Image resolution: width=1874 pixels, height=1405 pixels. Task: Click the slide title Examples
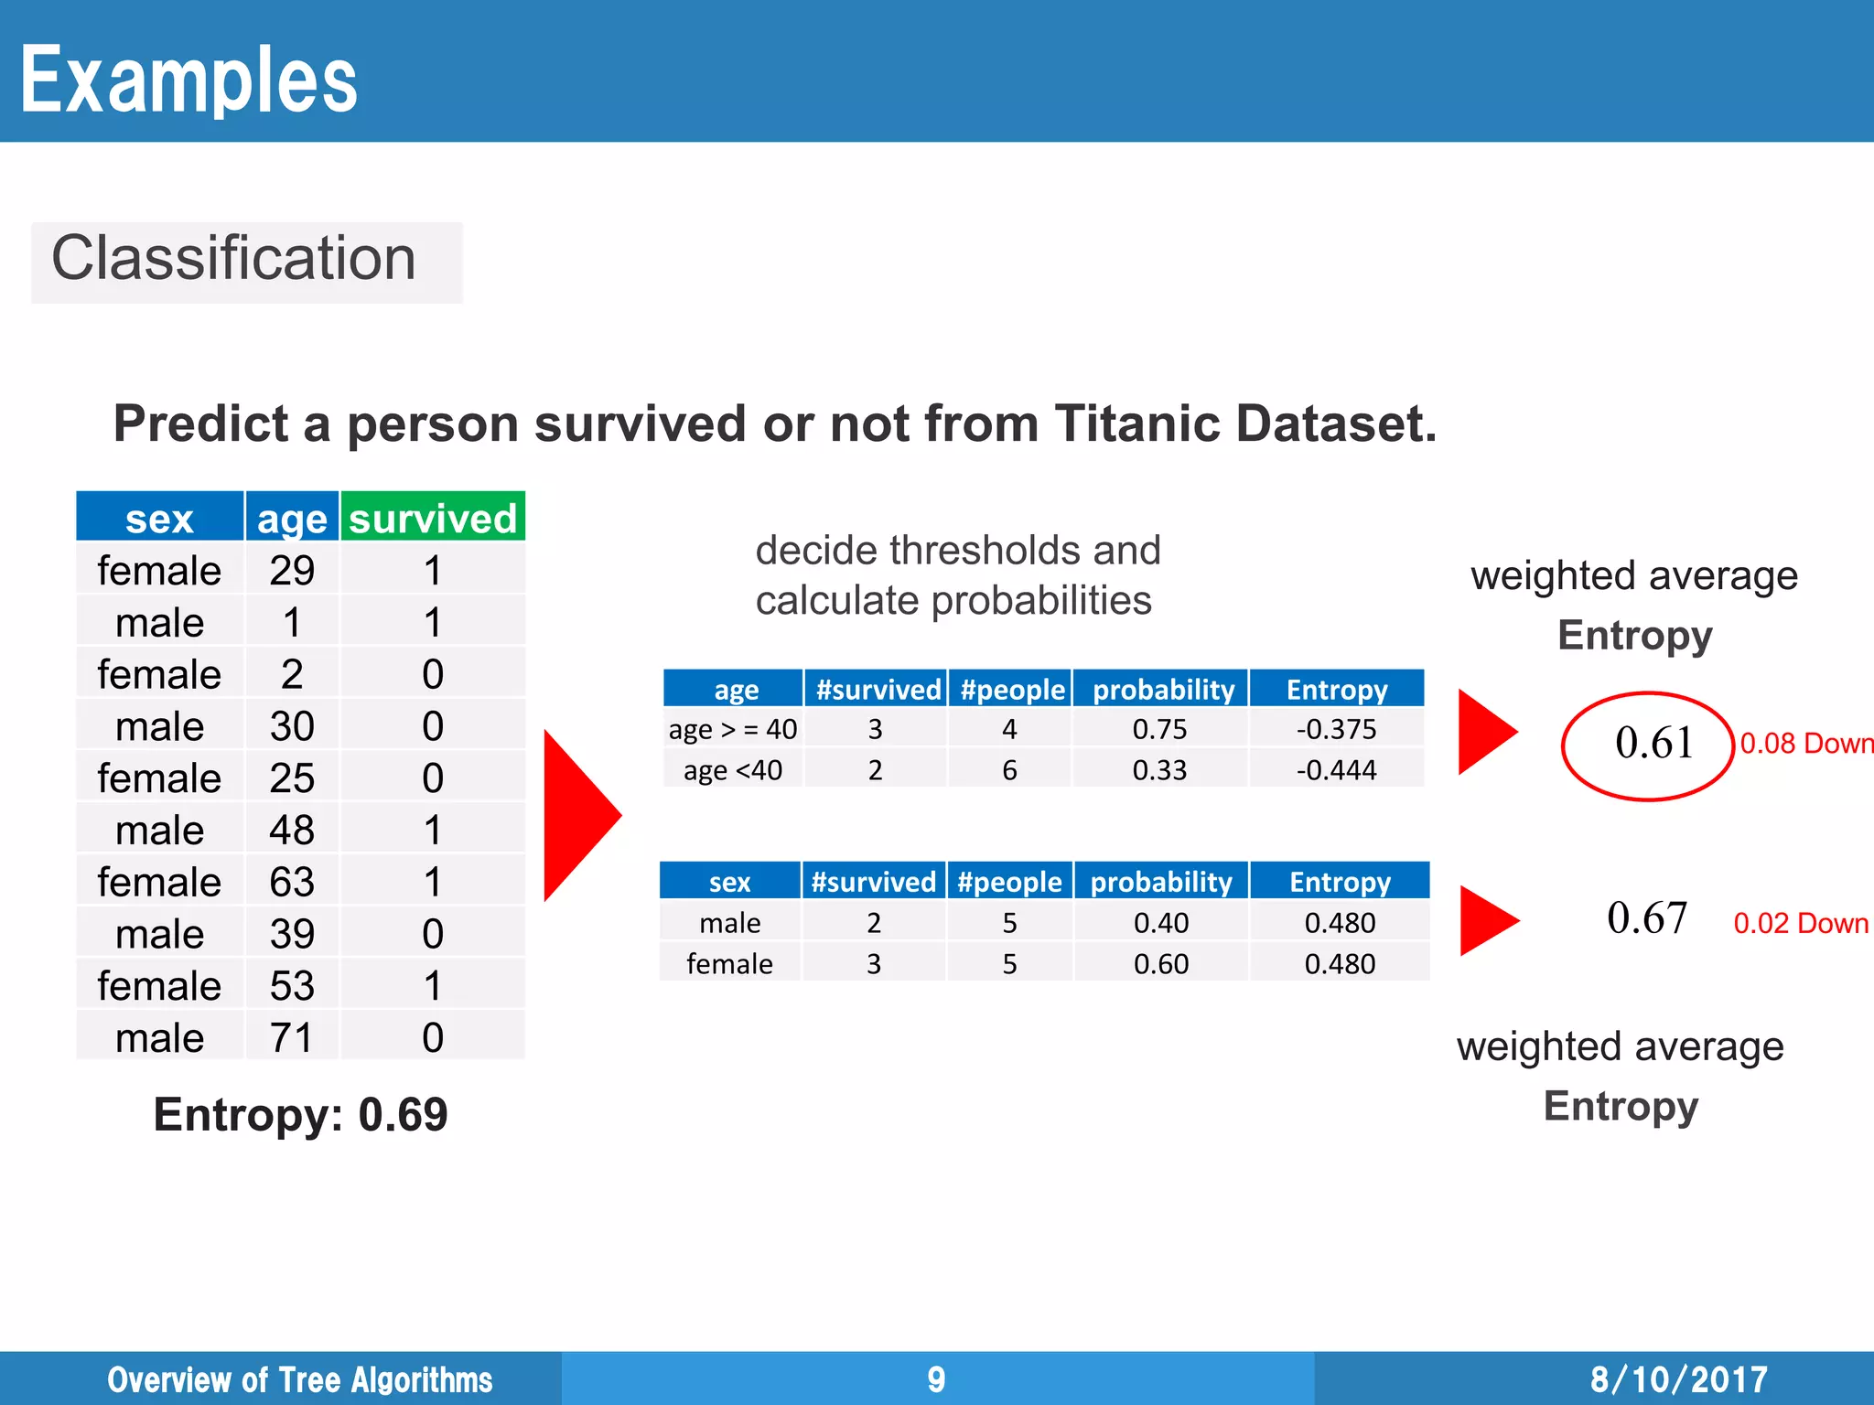coord(188,80)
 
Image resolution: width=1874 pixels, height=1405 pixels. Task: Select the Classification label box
coord(246,261)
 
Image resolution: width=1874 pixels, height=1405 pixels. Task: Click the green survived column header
coord(433,519)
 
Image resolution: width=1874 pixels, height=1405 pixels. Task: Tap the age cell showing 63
coord(292,883)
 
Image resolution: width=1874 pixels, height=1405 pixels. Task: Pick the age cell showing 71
coord(292,1038)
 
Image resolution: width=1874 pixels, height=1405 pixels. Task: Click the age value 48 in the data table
coord(292,831)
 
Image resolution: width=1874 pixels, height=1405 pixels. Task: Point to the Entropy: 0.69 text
coord(300,1114)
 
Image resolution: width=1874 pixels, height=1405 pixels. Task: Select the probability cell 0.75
coord(1159,729)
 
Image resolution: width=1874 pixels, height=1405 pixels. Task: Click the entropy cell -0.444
coord(1336,770)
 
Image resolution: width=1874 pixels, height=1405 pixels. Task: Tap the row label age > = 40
coord(732,729)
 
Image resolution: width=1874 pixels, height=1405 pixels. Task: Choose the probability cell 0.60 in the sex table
coord(1160,964)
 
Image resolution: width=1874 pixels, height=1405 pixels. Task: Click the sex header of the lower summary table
coord(729,882)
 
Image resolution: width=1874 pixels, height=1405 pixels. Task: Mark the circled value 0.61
coord(1653,743)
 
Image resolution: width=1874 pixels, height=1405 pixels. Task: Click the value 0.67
coord(1646,917)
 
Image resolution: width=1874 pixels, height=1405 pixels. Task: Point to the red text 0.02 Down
coord(1800,923)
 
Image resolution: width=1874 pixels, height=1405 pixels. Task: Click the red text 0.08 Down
coord(1805,744)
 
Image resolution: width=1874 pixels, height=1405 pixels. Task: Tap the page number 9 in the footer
coord(936,1379)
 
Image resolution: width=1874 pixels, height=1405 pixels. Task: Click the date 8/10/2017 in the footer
coord(1678,1379)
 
